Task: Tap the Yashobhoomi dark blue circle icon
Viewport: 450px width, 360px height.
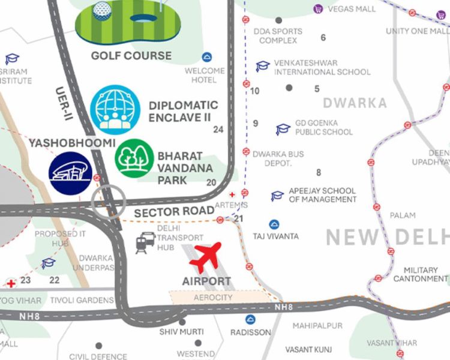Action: pos(70,173)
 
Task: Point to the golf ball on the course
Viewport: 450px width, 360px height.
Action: pos(103,10)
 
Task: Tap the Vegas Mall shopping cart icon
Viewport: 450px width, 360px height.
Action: pos(318,8)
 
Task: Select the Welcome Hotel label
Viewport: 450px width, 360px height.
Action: pos(204,75)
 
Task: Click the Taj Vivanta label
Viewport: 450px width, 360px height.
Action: pos(275,236)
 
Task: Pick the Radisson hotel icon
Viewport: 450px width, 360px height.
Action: pos(250,320)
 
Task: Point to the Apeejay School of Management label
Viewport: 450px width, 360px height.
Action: pos(322,195)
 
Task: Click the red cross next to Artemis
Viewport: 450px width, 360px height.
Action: pos(233,194)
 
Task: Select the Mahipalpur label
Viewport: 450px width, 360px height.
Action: pos(317,326)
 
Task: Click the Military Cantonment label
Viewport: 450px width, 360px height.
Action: pos(420,274)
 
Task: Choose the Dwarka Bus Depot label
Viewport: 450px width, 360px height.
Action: pos(278,158)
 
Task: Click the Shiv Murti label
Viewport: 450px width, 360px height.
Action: pos(181,331)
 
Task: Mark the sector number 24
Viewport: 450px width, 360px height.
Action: pos(218,130)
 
